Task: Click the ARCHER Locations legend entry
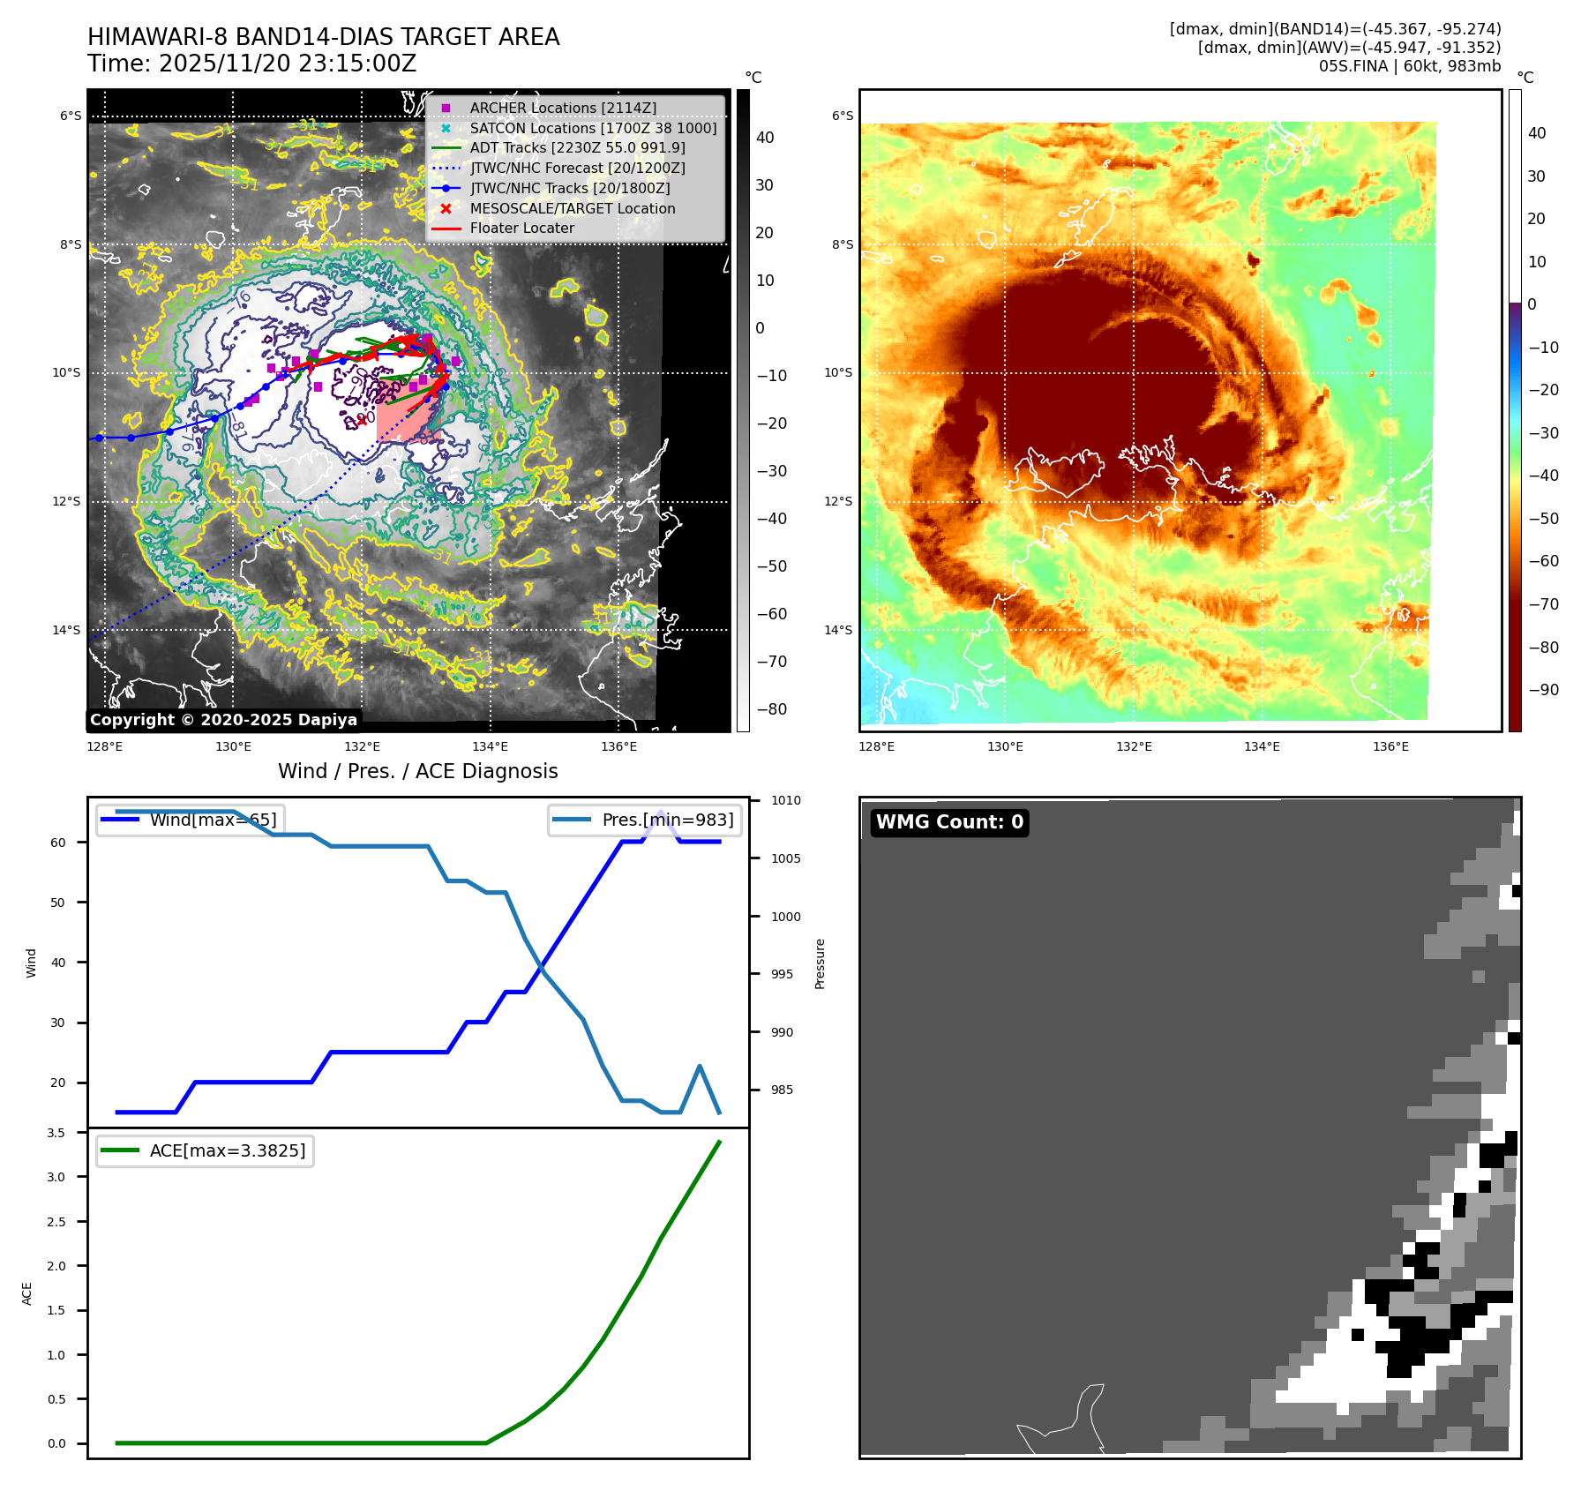pyautogui.click(x=563, y=108)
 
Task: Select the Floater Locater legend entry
pyautogui.click(x=521, y=228)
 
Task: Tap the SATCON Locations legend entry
pyautogui.click(x=593, y=128)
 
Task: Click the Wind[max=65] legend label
pyautogui.click(x=213, y=820)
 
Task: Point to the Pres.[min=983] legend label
pyautogui.click(x=667, y=820)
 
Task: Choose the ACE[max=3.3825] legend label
pyautogui.click(x=228, y=1150)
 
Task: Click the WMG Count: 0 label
pyautogui.click(x=949, y=822)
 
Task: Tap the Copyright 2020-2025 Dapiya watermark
pyautogui.click(x=223, y=720)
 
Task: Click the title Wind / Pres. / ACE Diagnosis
pyautogui.click(x=417, y=771)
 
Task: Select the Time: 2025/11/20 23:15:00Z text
pyautogui.click(x=251, y=64)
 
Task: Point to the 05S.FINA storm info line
pyautogui.click(x=1409, y=66)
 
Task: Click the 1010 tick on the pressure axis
pyautogui.click(x=785, y=800)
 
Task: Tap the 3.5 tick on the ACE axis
pyautogui.click(x=56, y=1133)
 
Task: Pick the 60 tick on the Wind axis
pyautogui.click(x=58, y=843)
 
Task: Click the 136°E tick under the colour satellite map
pyautogui.click(x=1390, y=746)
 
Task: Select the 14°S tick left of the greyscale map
pyautogui.click(x=66, y=630)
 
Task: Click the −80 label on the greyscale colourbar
pyautogui.click(x=771, y=709)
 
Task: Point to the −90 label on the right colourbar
pyautogui.click(x=1543, y=690)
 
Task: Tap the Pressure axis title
pyautogui.click(x=820, y=963)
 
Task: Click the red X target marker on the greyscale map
pyautogui.click(x=362, y=421)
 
